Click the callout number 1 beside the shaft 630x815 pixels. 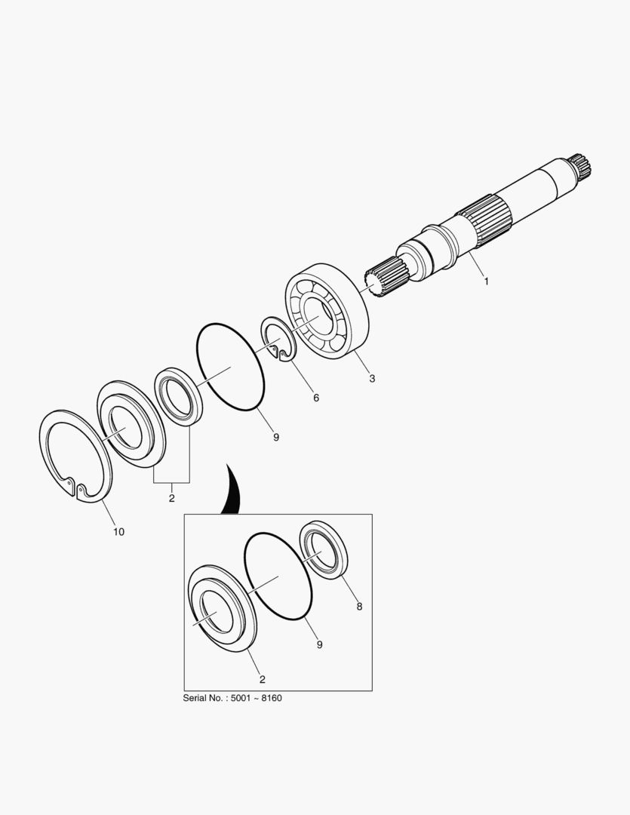pos(487,281)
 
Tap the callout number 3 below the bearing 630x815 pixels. pos(372,378)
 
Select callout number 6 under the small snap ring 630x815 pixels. pos(316,398)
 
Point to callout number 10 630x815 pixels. pos(119,532)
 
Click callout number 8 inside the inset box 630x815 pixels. pos(359,606)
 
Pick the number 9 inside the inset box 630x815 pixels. pos(320,644)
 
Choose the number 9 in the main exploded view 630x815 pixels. pos(276,437)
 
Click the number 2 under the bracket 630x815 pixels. pos(171,498)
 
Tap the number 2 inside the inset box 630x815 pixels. pos(263,679)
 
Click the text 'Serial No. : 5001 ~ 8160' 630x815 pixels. pos(232,698)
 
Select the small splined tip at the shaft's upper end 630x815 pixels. pos(580,166)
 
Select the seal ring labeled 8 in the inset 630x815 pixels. pos(324,549)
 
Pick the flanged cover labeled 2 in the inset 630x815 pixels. pos(222,608)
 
